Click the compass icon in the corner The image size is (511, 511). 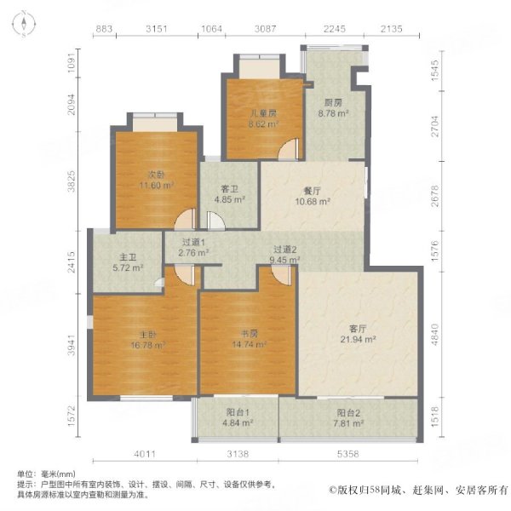pyautogui.click(x=24, y=24)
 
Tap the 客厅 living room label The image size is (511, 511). pyautogui.click(x=358, y=329)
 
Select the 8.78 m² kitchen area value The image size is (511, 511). pyautogui.click(x=333, y=114)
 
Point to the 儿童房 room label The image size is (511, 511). pyautogui.click(x=264, y=113)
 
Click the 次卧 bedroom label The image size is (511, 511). pyautogui.click(x=157, y=175)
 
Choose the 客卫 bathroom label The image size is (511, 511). pyautogui.click(x=229, y=189)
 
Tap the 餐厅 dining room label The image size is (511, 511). pyautogui.click(x=312, y=191)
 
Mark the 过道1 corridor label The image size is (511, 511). pyautogui.click(x=193, y=242)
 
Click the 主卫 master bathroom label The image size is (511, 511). pyautogui.click(x=128, y=257)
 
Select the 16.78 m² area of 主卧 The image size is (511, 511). pyautogui.click(x=148, y=345)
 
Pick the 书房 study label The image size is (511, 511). pyautogui.click(x=249, y=334)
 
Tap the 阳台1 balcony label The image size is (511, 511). pyautogui.click(x=238, y=412)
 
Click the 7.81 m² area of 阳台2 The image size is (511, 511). pyautogui.click(x=348, y=423)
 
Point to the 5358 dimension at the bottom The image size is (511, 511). pyautogui.click(x=348, y=454)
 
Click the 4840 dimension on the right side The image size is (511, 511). pyautogui.click(x=435, y=335)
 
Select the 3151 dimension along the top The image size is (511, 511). pyautogui.click(x=157, y=29)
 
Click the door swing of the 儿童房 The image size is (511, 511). pyautogui.click(x=289, y=149)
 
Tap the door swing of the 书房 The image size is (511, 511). pyautogui.click(x=281, y=275)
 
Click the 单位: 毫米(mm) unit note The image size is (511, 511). pyautogui.click(x=46, y=474)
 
